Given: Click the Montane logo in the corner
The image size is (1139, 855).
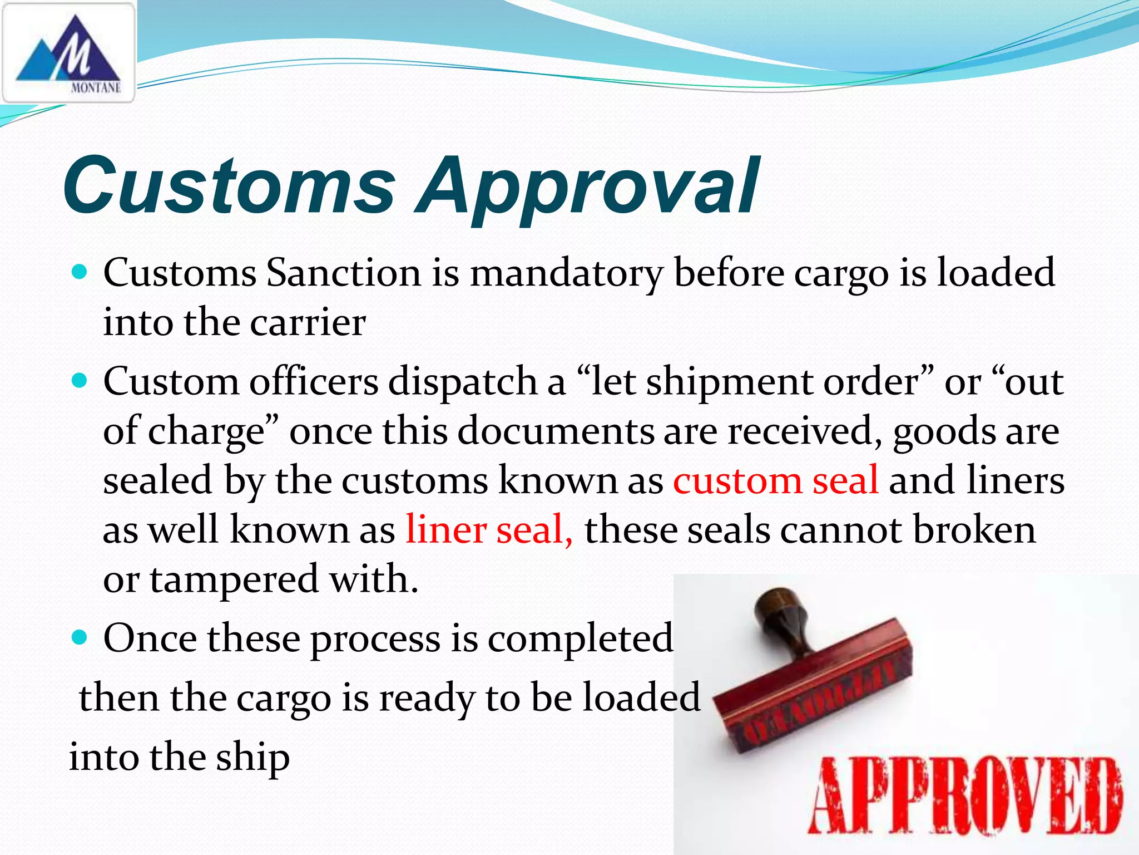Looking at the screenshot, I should point(68,53).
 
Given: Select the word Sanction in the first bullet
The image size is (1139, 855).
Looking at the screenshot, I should point(343,273).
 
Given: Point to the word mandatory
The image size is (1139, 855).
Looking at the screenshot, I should point(567,274).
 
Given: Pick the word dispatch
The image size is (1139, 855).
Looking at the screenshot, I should point(462,383).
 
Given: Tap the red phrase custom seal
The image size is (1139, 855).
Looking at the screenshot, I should point(775,480).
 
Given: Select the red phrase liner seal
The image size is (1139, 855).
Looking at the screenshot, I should point(488,529).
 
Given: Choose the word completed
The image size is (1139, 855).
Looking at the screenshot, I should point(580,638).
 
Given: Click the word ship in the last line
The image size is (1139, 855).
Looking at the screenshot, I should point(253,758).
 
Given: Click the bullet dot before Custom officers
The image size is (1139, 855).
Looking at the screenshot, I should point(81,381).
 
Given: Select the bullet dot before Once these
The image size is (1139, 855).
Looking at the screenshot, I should point(81,637).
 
